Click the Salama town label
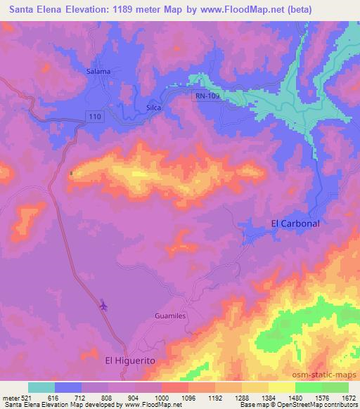point(99,72)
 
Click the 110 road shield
point(96,115)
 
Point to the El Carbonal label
point(295,223)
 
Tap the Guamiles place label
point(169,317)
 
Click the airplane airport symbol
point(104,305)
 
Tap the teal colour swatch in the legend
point(41,387)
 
